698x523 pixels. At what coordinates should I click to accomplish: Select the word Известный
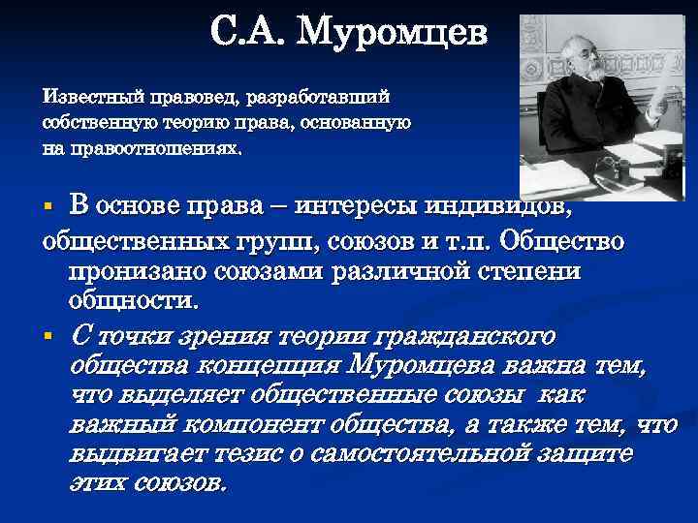click(89, 98)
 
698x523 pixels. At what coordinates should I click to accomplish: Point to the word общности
click(134, 300)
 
